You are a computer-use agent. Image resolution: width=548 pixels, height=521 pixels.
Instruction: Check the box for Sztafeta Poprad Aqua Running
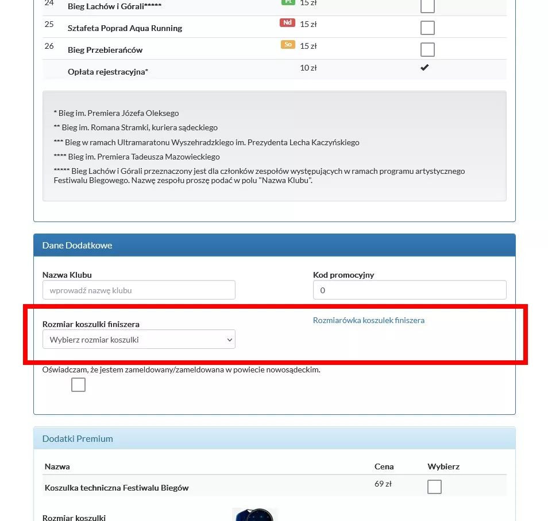click(427, 28)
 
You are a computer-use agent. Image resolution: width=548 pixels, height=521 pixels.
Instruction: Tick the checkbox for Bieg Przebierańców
click(427, 49)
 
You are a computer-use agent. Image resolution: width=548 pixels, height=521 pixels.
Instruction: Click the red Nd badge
click(287, 23)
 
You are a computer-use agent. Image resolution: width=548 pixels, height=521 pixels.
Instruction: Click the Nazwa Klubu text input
click(139, 290)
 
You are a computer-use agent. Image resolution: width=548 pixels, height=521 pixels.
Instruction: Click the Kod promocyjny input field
click(410, 290)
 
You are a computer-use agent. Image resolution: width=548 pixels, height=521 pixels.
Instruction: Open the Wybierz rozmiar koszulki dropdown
click(139, 340)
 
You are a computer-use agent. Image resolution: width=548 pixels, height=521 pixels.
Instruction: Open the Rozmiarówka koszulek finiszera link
click(369, 320)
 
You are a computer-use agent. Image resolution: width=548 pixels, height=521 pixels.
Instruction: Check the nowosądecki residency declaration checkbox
click(78, 384)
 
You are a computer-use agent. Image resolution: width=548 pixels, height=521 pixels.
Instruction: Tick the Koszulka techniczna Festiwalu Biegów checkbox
click(435, 487)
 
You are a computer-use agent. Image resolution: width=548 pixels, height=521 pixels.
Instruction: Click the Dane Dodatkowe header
click(78, 245)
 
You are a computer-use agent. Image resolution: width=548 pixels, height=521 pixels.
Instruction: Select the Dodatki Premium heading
click(78, 438)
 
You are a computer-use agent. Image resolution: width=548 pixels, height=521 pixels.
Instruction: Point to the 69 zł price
click(383, 484)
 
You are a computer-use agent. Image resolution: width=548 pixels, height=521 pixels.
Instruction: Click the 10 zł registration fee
click(308, 68)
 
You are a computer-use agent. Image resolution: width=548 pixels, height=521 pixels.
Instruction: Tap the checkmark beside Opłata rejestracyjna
click(424, 68)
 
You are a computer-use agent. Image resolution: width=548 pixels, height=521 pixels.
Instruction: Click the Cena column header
click(384, 466)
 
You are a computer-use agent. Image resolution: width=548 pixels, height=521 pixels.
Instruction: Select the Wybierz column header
click(443, 466)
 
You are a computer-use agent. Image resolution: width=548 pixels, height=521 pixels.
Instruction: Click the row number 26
click(49, 46)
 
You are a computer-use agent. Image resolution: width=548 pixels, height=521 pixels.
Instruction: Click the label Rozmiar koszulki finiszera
click(91, 324)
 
